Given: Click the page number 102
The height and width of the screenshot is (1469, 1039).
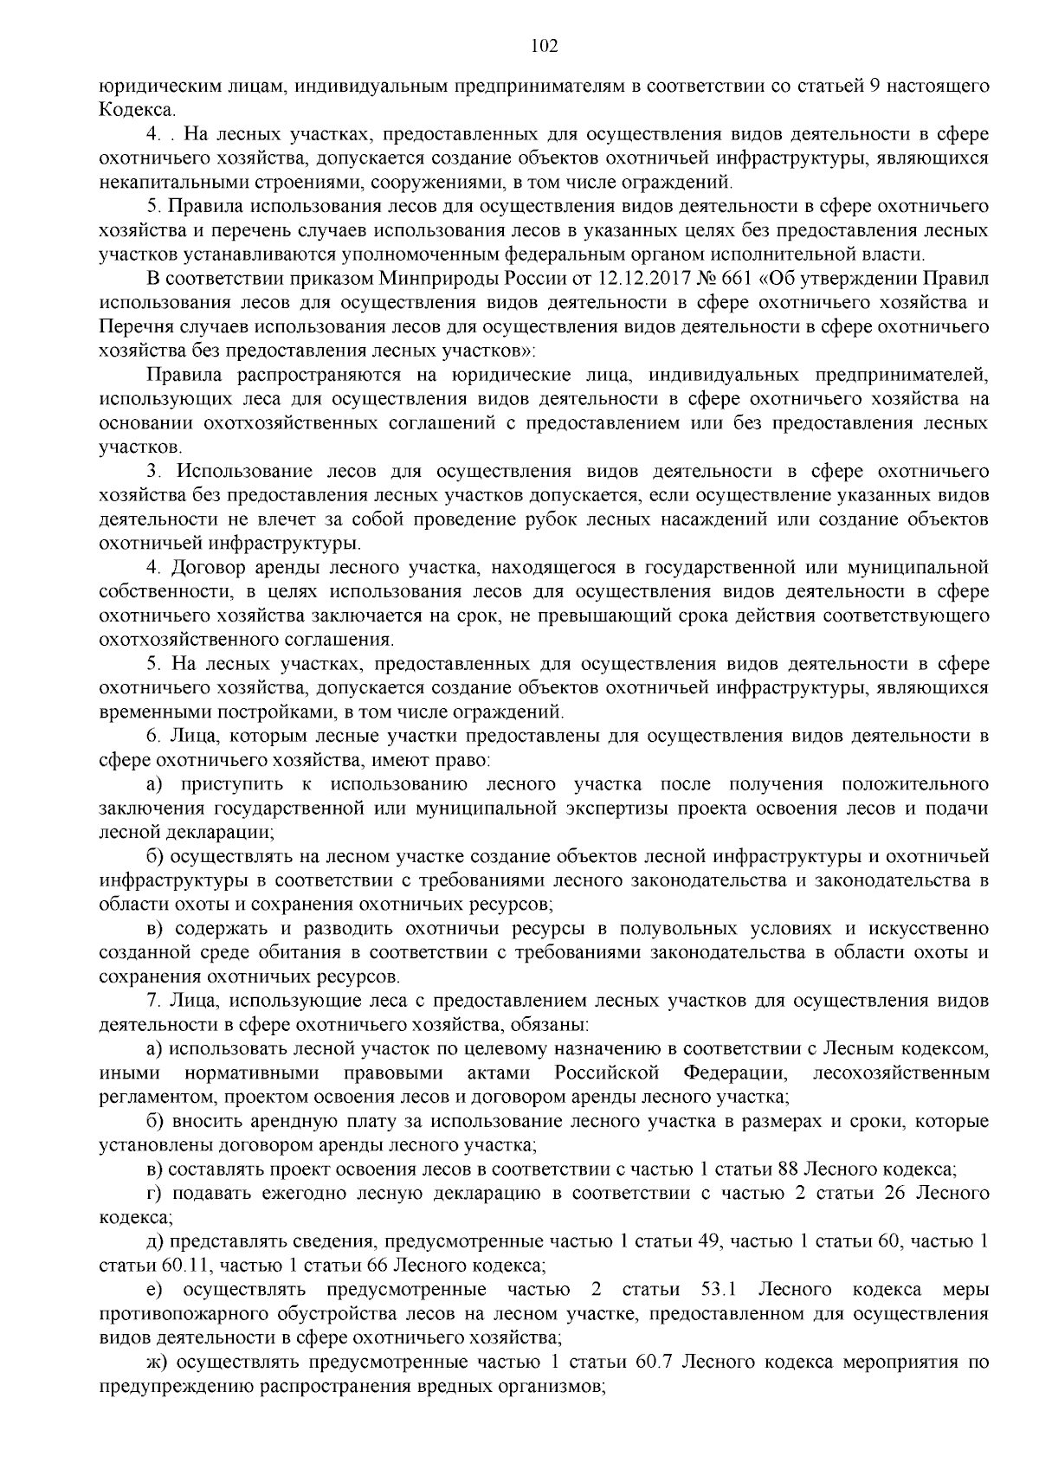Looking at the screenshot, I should point(544,47).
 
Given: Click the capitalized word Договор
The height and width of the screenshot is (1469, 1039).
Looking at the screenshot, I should point(212,568).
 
